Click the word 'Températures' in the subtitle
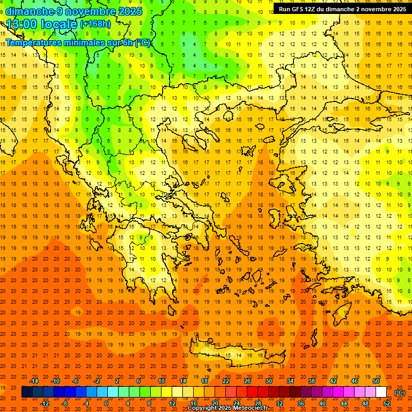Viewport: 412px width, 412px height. [34, 42]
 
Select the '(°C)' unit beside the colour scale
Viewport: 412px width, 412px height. [400, 393]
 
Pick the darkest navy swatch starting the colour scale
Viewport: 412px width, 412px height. [27, 392]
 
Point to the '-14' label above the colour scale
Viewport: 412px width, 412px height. [34, 381]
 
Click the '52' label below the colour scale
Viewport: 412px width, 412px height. [387, 403]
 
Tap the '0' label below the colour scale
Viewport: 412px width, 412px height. [106, 403]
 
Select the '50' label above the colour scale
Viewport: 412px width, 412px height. [376, 381]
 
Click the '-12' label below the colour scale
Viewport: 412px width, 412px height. [45, 403]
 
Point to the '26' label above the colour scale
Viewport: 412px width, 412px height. [247, 381]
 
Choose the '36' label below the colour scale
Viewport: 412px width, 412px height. [301, 403]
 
